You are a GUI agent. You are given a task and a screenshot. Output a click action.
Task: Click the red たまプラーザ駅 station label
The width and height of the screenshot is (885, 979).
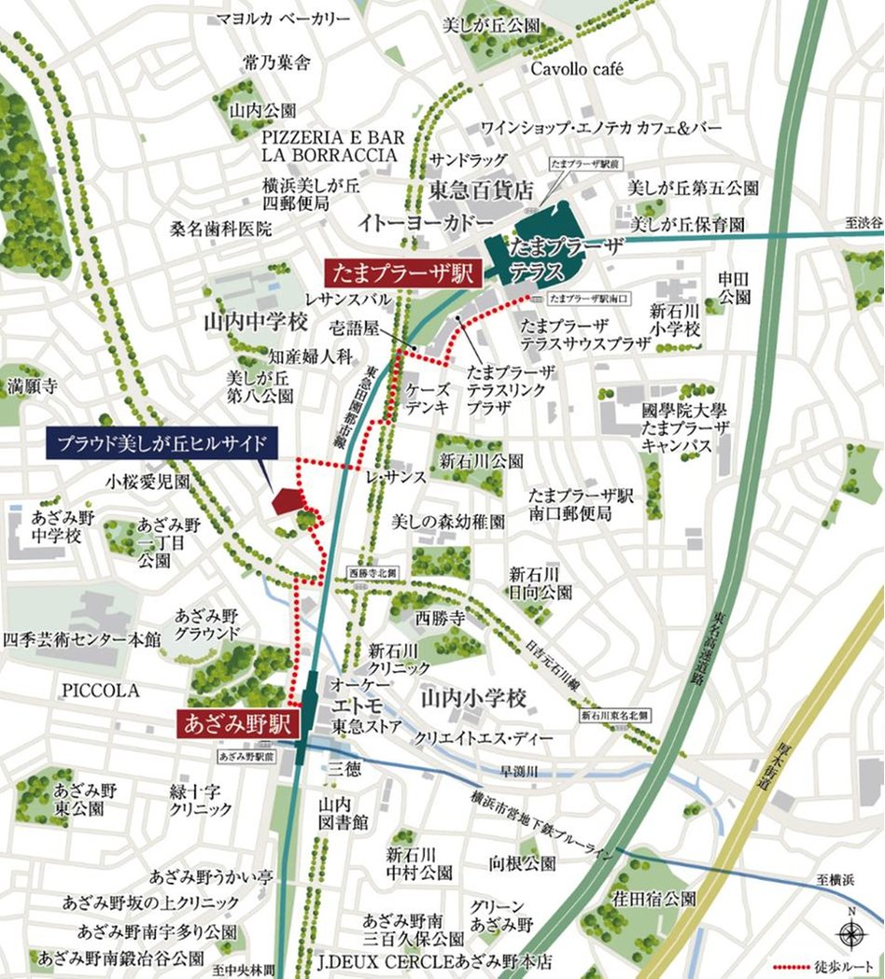[x=402, y=274]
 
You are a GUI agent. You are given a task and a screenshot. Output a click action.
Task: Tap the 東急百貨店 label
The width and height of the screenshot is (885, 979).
[x=480, y=190]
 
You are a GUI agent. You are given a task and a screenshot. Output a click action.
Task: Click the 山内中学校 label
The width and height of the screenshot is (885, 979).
[x=255, y=323]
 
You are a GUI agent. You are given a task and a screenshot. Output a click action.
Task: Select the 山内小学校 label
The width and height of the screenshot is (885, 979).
[x=473, y=697]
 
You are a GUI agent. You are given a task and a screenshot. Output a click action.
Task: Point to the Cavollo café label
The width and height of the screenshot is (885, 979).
[x=576, y=69]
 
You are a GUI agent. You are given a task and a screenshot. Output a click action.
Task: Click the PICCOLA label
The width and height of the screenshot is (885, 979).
[x=101, y=691]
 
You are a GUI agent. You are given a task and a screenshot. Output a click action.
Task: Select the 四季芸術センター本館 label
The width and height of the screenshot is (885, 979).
[x=81, y=640]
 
